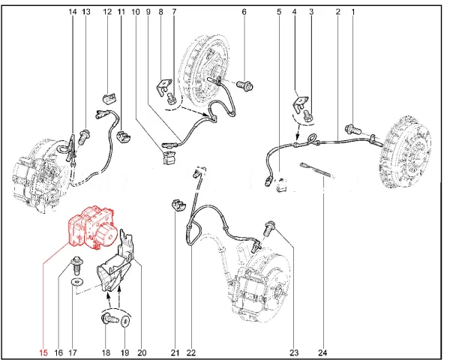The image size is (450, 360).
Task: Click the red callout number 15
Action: click(43, 352)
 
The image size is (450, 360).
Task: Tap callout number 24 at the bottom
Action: click(322, 352)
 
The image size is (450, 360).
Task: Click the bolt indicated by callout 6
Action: click(244, 85)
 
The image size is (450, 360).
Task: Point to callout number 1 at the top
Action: click(353, 12)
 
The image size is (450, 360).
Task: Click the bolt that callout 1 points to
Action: click(353, 128)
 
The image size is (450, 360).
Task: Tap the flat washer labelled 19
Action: click(125, 322)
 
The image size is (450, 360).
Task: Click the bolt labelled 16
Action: click(76, 265)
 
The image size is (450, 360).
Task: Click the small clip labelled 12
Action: click(109, 97)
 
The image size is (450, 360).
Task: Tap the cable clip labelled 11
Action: click(124, 136)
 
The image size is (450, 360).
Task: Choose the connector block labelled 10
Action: click(169, 157)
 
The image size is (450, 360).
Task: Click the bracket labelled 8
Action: click(164, 85)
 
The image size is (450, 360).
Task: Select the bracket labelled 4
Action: click(301, 103)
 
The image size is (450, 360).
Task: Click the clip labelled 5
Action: click(281, 184)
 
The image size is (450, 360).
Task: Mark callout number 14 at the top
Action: click(73, 12)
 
